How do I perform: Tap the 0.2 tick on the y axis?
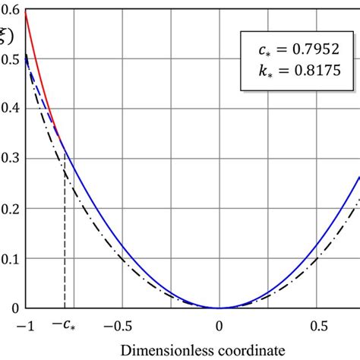pyautogui.click(x=10, y=208)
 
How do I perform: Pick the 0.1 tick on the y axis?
pyautogui.click(x=10, y=258)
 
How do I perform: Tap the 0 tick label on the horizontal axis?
pyautogui.click(x=219, y=325)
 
